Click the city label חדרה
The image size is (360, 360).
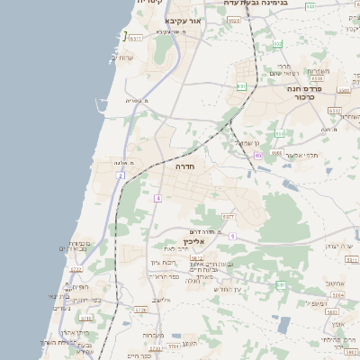pos(184,166)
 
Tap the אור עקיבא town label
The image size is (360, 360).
pos(189,19)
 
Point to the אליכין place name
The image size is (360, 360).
pos(194,241)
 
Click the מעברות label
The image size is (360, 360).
pos(153,335)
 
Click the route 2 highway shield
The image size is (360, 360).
pos(120,175)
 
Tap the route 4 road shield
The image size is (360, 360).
pos(157,198)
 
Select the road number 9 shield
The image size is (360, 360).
pos(231,236)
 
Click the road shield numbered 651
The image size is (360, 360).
pos(241,86)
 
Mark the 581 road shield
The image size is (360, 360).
pos(280,284)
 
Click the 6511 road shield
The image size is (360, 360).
pos(134,39)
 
